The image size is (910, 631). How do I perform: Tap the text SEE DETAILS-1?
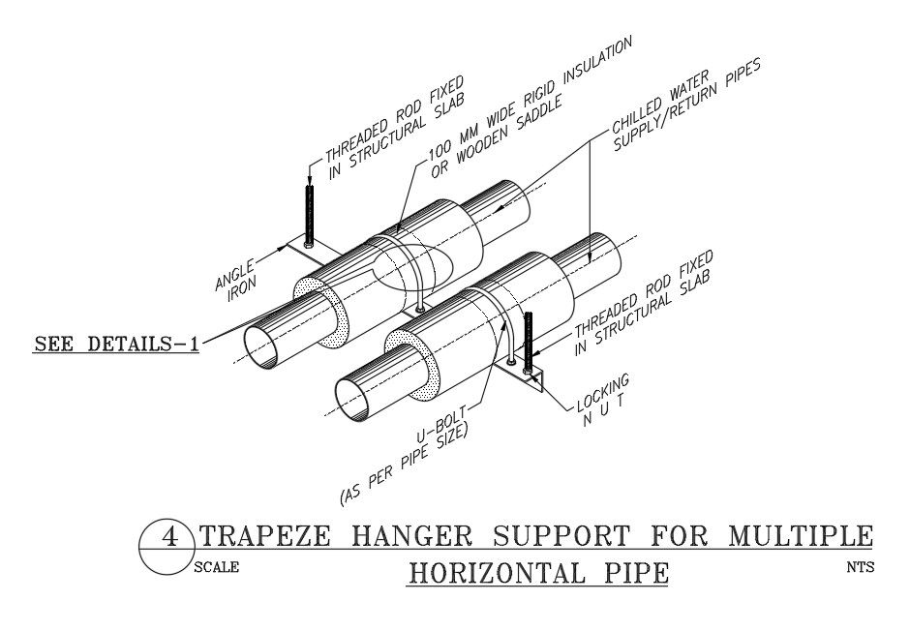115,345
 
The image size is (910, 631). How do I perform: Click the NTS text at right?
859,567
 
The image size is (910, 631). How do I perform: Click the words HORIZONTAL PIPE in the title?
538,573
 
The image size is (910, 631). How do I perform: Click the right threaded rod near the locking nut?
529,339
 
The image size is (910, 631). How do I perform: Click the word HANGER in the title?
407,535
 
